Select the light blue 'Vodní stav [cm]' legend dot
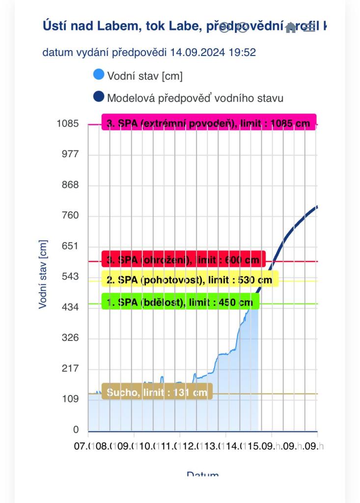(99, 75)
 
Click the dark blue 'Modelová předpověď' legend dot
(99, 97)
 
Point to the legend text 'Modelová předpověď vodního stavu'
(195, 98)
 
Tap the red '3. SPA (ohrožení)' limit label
(183, 259)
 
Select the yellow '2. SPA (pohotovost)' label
(190, 279)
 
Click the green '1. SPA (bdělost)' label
(180, 302)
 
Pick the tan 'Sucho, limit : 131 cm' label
(157, 392)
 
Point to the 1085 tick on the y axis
(68, 124)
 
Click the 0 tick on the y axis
(76, 430)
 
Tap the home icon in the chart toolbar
(291, 28)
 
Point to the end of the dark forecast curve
(317, 207)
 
